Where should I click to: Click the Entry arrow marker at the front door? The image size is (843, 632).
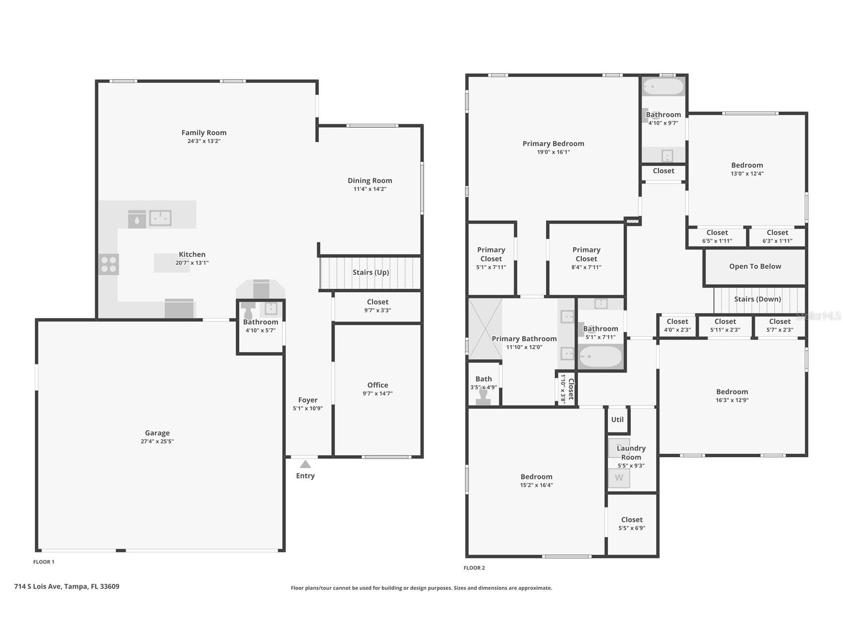click(x=305, y=464)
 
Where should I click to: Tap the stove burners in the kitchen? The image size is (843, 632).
click(x=109, y=264)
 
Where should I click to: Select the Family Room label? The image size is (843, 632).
click(x=204, y=133)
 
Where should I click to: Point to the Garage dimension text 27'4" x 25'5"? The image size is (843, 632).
click(x=157, y=441)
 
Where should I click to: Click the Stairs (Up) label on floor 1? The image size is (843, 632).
click(x=371, y=272)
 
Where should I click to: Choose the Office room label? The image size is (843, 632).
click(x=378, y=385)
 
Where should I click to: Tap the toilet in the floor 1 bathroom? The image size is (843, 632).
click(x=248, y=311)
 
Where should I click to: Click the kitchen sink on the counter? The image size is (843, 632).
click(x=160, y=218)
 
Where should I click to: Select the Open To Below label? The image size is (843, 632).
click(x=755, y=266)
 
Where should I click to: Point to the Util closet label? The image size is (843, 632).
click(x=617, y=419)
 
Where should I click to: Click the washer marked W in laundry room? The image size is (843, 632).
click(x=619, y=478)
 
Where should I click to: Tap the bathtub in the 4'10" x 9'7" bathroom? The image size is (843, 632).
click(x=663, y=87)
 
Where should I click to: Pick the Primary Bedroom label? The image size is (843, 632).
click(x=553, y=144)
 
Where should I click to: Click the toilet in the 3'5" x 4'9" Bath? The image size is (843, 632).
click(x=483, y=396)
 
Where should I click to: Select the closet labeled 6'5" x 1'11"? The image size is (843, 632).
click(x=717, y=237)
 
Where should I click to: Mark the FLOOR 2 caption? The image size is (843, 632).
click(x=474, y=567)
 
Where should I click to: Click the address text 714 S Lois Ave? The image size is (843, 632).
click(x=38, y=586)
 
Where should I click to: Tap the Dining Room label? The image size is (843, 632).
click(x=370, y=181)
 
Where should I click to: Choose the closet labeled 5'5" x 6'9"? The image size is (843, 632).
click(x=632, y=524)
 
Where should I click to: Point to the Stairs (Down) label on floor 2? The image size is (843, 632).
click(x=758, y=299)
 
